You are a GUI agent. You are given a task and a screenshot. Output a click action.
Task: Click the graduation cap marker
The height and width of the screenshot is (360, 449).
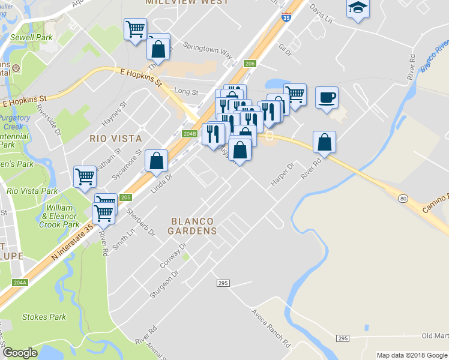coord(358,8)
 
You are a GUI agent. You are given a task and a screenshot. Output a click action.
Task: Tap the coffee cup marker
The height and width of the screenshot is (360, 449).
coord(327,97)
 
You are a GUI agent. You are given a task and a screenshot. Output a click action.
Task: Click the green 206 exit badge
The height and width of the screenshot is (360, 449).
coord(250,64)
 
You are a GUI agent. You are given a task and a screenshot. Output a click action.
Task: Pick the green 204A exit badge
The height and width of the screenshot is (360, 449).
coord(20,282)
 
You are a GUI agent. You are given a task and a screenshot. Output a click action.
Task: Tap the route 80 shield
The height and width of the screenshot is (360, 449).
coord(403,198)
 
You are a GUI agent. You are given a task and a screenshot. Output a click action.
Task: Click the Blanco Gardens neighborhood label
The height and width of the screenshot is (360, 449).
coord(192,226)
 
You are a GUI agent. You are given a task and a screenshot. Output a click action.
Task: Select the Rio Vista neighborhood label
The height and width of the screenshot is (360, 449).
coord(116,138)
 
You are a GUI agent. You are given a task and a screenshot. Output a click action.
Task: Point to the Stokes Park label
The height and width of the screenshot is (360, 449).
coord(44,316)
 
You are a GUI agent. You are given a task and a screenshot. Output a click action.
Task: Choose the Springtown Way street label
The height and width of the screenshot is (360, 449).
coord(208,49)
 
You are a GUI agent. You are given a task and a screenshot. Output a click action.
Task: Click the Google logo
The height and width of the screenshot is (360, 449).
coord(20,353)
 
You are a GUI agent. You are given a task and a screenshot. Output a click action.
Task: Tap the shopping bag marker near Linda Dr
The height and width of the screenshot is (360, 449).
coord(156,160)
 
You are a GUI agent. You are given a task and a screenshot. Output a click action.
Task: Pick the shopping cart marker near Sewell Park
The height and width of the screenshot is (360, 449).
coord(136,28)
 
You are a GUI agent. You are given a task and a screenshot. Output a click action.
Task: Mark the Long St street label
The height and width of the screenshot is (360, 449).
coord(185,92)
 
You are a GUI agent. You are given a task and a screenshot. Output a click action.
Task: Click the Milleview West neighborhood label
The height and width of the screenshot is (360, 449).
coord(178,2)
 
